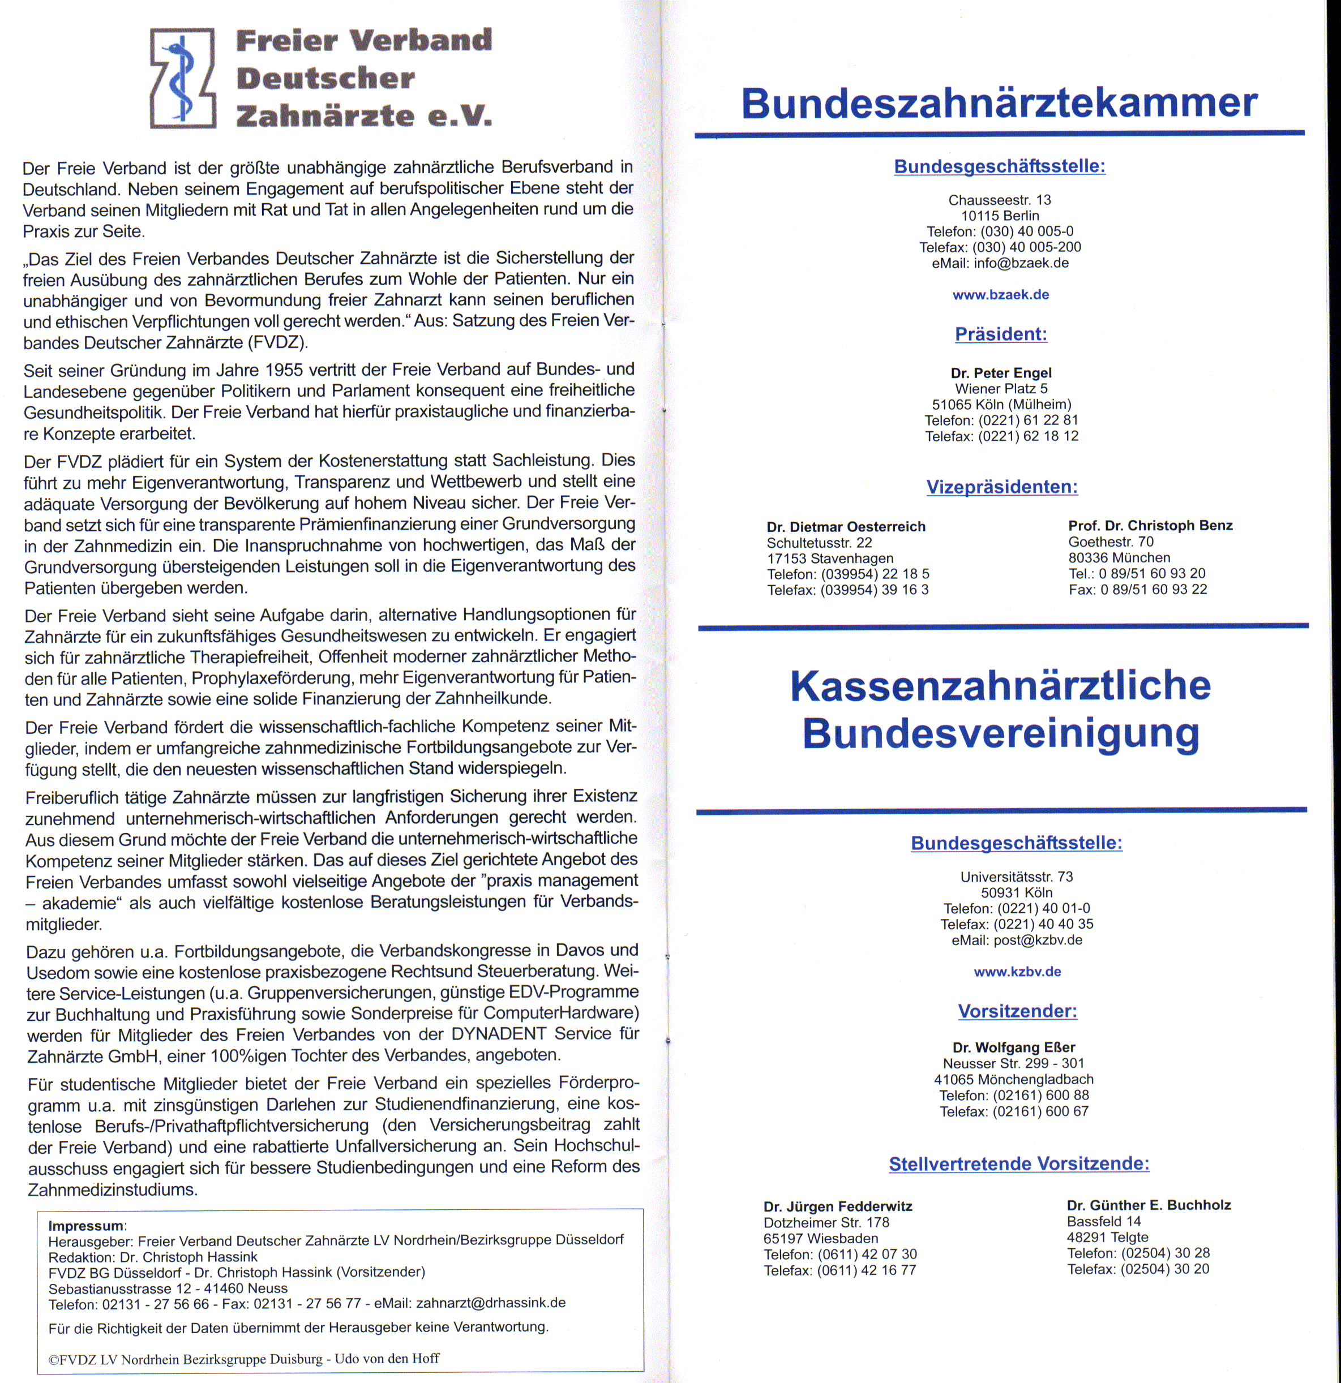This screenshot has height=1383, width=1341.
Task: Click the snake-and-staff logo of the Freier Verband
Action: tap(182, 78)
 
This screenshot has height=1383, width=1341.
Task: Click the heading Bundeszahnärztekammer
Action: tap(999, 103)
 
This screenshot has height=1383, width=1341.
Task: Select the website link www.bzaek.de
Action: tap(1000, 295)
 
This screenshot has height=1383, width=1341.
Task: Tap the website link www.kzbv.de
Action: tap(1017, 972)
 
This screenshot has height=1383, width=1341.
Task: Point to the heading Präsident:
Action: tap(1001, 334)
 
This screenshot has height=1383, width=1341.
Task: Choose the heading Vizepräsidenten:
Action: tap(1001, 487)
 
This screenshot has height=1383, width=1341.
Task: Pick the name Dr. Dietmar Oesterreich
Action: tap(846, 526)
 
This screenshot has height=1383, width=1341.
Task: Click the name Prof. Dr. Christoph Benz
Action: tap(1150, 526)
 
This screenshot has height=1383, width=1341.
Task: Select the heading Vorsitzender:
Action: tap(1017, 1011)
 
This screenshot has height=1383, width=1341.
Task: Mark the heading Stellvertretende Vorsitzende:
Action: tap(1018, 1163)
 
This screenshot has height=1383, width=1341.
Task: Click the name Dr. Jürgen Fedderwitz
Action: tap(838, 1206)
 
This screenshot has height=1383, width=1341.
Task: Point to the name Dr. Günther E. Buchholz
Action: tap(1149, 1205)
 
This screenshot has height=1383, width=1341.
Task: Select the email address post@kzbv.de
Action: tap(1038, 940)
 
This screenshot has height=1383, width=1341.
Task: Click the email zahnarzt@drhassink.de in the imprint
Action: tap(491, 1303)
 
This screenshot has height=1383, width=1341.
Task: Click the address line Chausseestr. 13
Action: tap(1000, 200)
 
